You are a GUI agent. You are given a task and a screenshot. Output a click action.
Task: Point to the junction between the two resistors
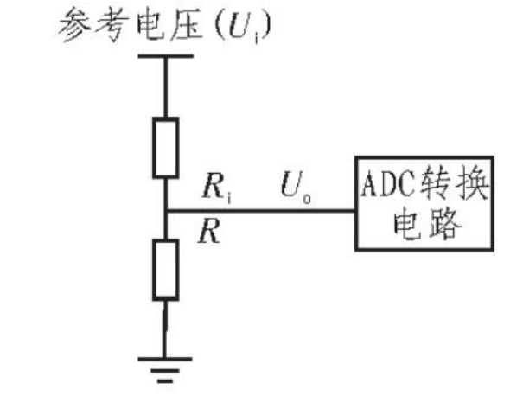click(164, 210)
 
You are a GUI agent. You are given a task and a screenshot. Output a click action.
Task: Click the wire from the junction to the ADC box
click(259, 210)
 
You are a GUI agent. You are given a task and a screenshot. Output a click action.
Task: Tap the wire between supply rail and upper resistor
click(164, 86)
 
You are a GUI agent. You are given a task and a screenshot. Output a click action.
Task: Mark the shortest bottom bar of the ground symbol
click(164, 380)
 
